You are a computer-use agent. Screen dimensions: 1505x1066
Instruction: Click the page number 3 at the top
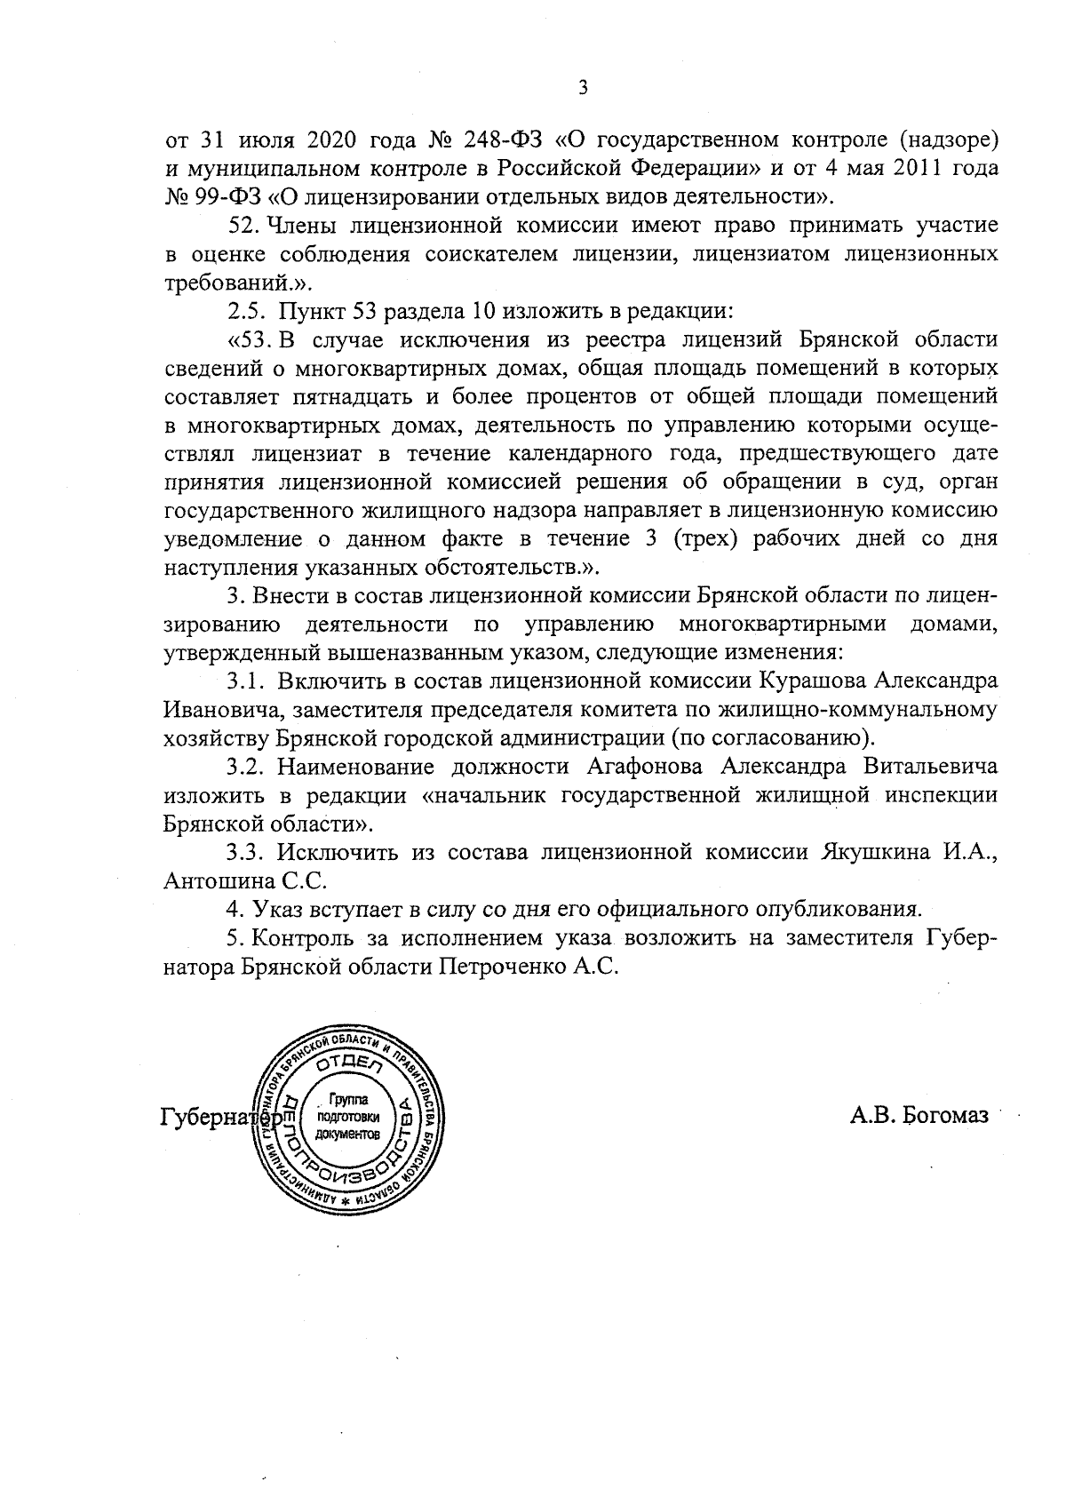[583, 87]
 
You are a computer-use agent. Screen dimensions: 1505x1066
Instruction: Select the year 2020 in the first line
[333, 139]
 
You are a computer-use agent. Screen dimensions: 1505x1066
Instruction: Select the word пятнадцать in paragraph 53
[348, 396]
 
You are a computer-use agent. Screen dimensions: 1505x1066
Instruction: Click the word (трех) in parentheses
[700, 538]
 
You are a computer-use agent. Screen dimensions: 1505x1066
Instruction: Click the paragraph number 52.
[243, 226]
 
